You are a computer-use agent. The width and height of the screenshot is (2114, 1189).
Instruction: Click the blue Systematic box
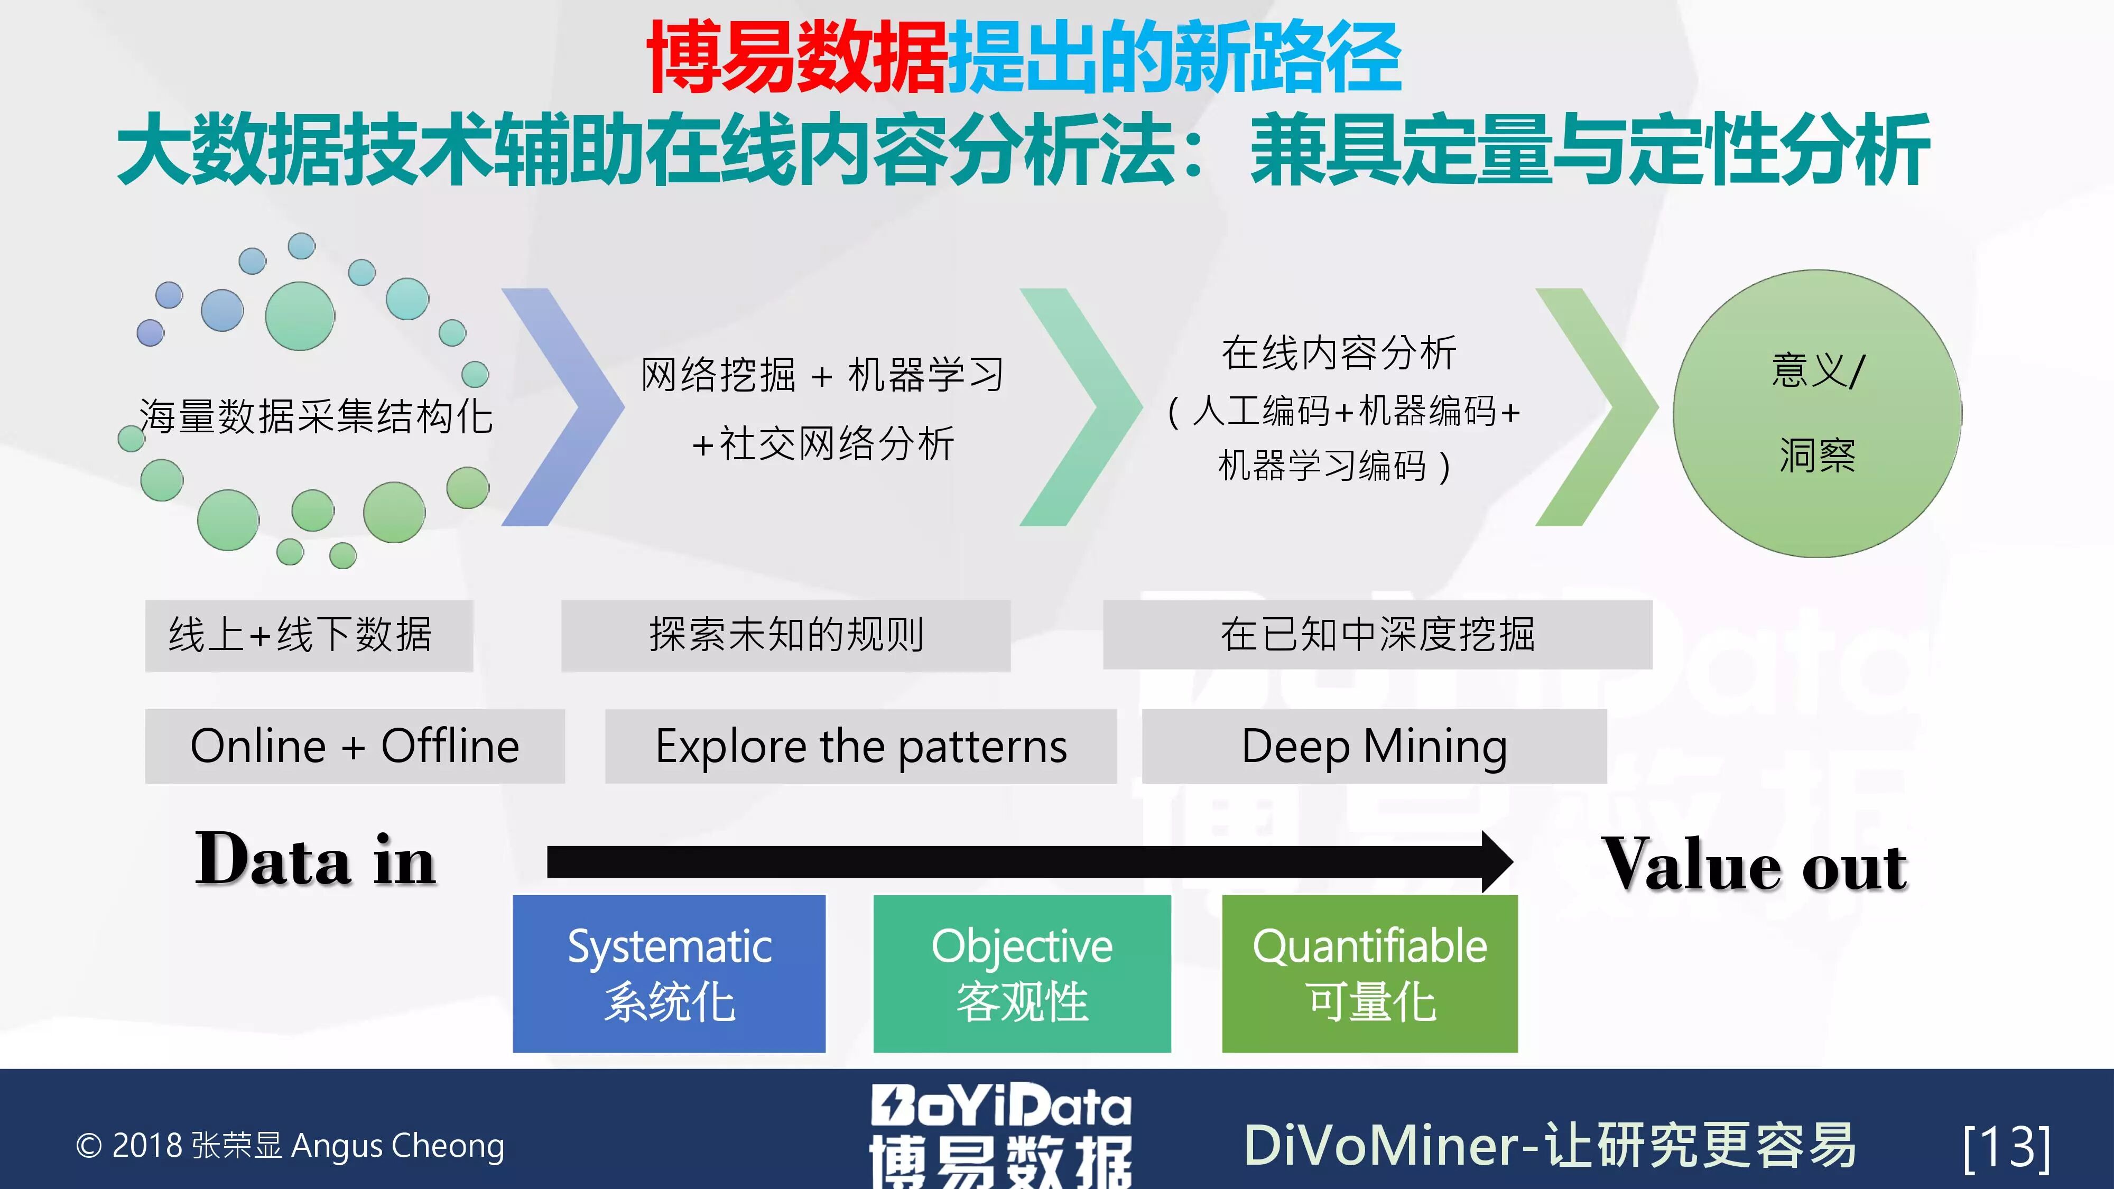pos(669,973)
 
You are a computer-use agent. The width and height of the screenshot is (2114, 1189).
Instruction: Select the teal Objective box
pos(1022,973)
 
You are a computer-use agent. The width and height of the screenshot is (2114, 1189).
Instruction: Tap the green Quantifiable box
pos(1370,973)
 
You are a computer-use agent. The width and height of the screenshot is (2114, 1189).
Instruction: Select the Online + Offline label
pos(355,746)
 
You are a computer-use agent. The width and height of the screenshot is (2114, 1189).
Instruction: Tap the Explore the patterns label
pos(861,746)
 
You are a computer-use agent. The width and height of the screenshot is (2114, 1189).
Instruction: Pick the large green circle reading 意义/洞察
pos(1817,414)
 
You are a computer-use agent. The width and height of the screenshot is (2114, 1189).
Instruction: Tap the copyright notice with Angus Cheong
pos(290,1146)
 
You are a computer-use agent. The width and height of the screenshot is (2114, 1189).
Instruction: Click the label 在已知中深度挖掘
pos(1377,634)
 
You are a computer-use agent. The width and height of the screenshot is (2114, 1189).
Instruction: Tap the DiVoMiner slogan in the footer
pos(1550,1146)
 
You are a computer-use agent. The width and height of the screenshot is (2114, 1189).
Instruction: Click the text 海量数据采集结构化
pos(316,416)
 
